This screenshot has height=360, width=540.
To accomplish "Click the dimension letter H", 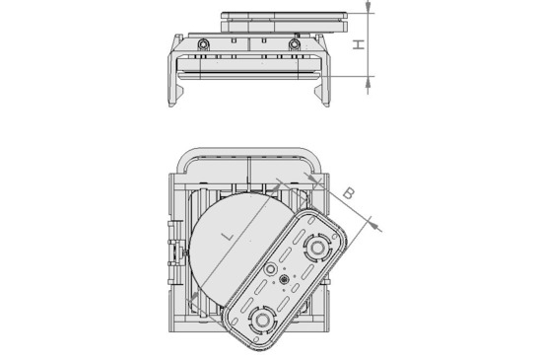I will click(360, 44).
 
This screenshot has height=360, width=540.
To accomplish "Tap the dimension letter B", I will click(348, 193).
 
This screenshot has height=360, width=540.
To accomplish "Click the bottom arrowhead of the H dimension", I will click(368, 80).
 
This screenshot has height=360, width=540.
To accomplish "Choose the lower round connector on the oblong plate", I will click(262, 318).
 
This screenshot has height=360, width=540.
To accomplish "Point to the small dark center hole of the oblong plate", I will click(285, 282).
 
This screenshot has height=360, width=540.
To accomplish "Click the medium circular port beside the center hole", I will click(271, 268).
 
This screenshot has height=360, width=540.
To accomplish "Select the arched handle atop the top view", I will click(246, 155).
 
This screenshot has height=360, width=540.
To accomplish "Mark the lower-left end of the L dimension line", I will click(193, 296).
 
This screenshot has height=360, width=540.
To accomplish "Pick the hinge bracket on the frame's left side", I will click(178, 251).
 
